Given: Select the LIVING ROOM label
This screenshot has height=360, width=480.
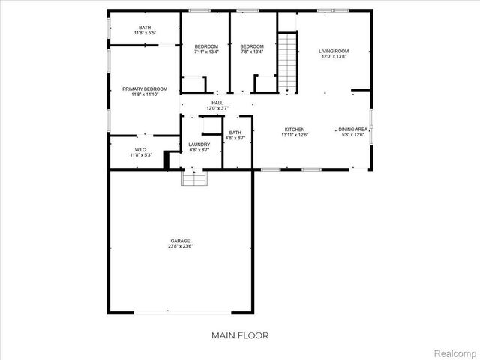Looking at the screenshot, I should (x=334, y=51).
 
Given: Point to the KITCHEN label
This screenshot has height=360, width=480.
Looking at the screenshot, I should (x=293, y=129).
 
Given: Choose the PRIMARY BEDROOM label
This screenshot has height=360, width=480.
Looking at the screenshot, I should (x=145, y=88).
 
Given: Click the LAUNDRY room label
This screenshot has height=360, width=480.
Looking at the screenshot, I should (x=199, y=144).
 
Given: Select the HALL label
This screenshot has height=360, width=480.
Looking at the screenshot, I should (x=217, y=103).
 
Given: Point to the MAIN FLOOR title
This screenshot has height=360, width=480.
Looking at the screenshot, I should (x=239, y=335).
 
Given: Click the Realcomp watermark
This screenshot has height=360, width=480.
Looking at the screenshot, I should (x=455, y=352).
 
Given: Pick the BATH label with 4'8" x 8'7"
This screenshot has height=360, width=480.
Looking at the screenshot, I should (x=235, y=133).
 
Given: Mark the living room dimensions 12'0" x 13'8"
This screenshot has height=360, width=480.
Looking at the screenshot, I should (x=334, y=57).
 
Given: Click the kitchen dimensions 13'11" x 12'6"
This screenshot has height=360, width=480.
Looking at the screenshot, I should (x=293, y=135).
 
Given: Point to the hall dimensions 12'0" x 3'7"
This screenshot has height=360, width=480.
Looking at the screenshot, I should (x=217, y=108).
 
